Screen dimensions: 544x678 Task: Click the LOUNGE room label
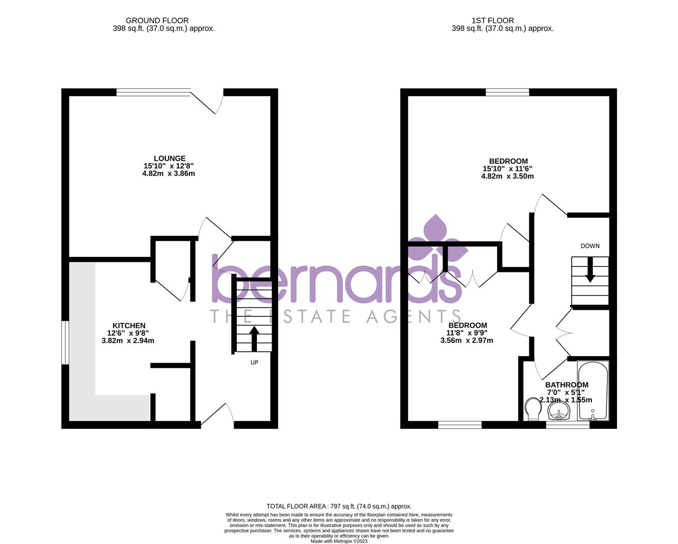pyautogui.click(x=169, y=158)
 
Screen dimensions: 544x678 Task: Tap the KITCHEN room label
pyautogui.click(x=128, y=325)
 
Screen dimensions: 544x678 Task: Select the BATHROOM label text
pyautogui.click(x=567, y=385)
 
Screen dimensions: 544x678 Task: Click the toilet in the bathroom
pyautogui.click(x=532, y=409)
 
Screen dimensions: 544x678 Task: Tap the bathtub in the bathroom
pyautogui.click(x=593, y=391)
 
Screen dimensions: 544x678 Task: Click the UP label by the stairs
pyautogui.click(x=254, y=362)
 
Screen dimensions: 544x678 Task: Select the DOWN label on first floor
pyautogui.click(x=590, y=246)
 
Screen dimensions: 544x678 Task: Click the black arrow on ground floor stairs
pyautogui.click(x=254, y=338)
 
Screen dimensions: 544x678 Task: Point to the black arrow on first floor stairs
pyautogui.click(x=589, y=269)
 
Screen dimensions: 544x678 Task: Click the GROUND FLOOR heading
pyautogui.click(x=157, y=21)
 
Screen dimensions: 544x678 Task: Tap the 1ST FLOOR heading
pyautogui.click(x=493, y=21)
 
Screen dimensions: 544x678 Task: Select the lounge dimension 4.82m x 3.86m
pyautogui.click(x=169, y=174)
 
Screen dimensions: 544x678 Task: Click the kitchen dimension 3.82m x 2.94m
pyautogui.click(x=128, y=341)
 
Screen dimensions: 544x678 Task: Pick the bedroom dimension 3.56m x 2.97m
pyautogui.click(x=466, y=341)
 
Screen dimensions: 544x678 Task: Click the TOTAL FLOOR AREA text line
pyautogui.click(x=339, y=506)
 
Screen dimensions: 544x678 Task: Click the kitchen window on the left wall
pyautogui.click(x=65, y=342)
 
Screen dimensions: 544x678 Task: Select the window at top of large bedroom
pyautogui.click(x=507, y=92)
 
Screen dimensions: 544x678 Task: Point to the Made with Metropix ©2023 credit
pyautogui.click(x=339, y=541)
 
